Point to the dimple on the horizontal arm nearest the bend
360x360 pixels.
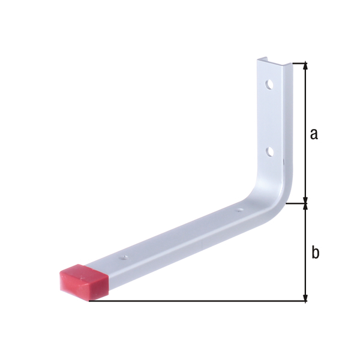(239, 211)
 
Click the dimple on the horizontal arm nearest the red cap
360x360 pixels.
(124, 257)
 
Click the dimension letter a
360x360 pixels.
(313, 134)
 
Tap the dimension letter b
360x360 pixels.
(314, 253)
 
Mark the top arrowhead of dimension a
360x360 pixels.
(306, 67)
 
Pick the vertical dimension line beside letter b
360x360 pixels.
(306, 270)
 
